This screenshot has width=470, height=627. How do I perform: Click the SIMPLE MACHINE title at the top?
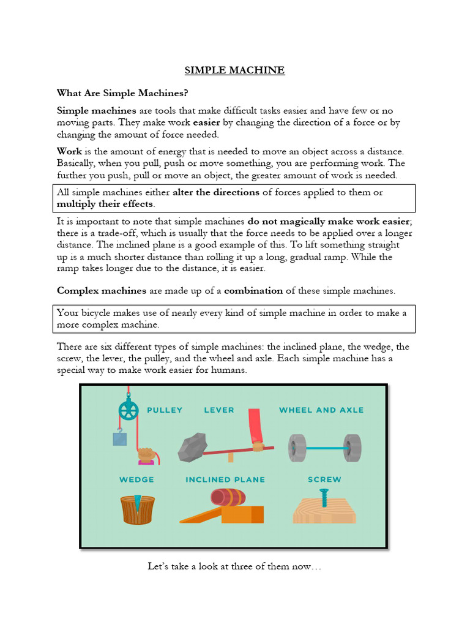(x=234, y=70)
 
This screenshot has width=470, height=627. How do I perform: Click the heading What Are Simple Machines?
(x=122, y=93)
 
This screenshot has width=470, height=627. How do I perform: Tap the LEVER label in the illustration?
(x=219, y=410)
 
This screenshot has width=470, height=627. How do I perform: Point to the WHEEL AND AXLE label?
(x=321, y=410)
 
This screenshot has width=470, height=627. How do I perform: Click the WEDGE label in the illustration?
(x=136, y=479)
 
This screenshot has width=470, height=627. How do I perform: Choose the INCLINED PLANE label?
(x=225, y=479)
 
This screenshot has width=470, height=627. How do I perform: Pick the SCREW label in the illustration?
(x=324, y=479)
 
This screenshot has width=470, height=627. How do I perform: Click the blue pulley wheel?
(x=128, y=411)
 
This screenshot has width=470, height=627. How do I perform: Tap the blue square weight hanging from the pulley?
(x=120, y=438)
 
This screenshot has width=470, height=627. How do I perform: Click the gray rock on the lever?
(x=192, y=448)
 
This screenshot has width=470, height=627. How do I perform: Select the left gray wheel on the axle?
(x=297, y=448)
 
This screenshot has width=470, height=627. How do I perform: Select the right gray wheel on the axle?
(x=352, y=448)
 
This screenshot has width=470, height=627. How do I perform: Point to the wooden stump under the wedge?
(x=137, y=510)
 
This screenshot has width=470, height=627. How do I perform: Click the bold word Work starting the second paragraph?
(x=69, y=151)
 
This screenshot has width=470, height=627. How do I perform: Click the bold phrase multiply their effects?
(x=105, y=203)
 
